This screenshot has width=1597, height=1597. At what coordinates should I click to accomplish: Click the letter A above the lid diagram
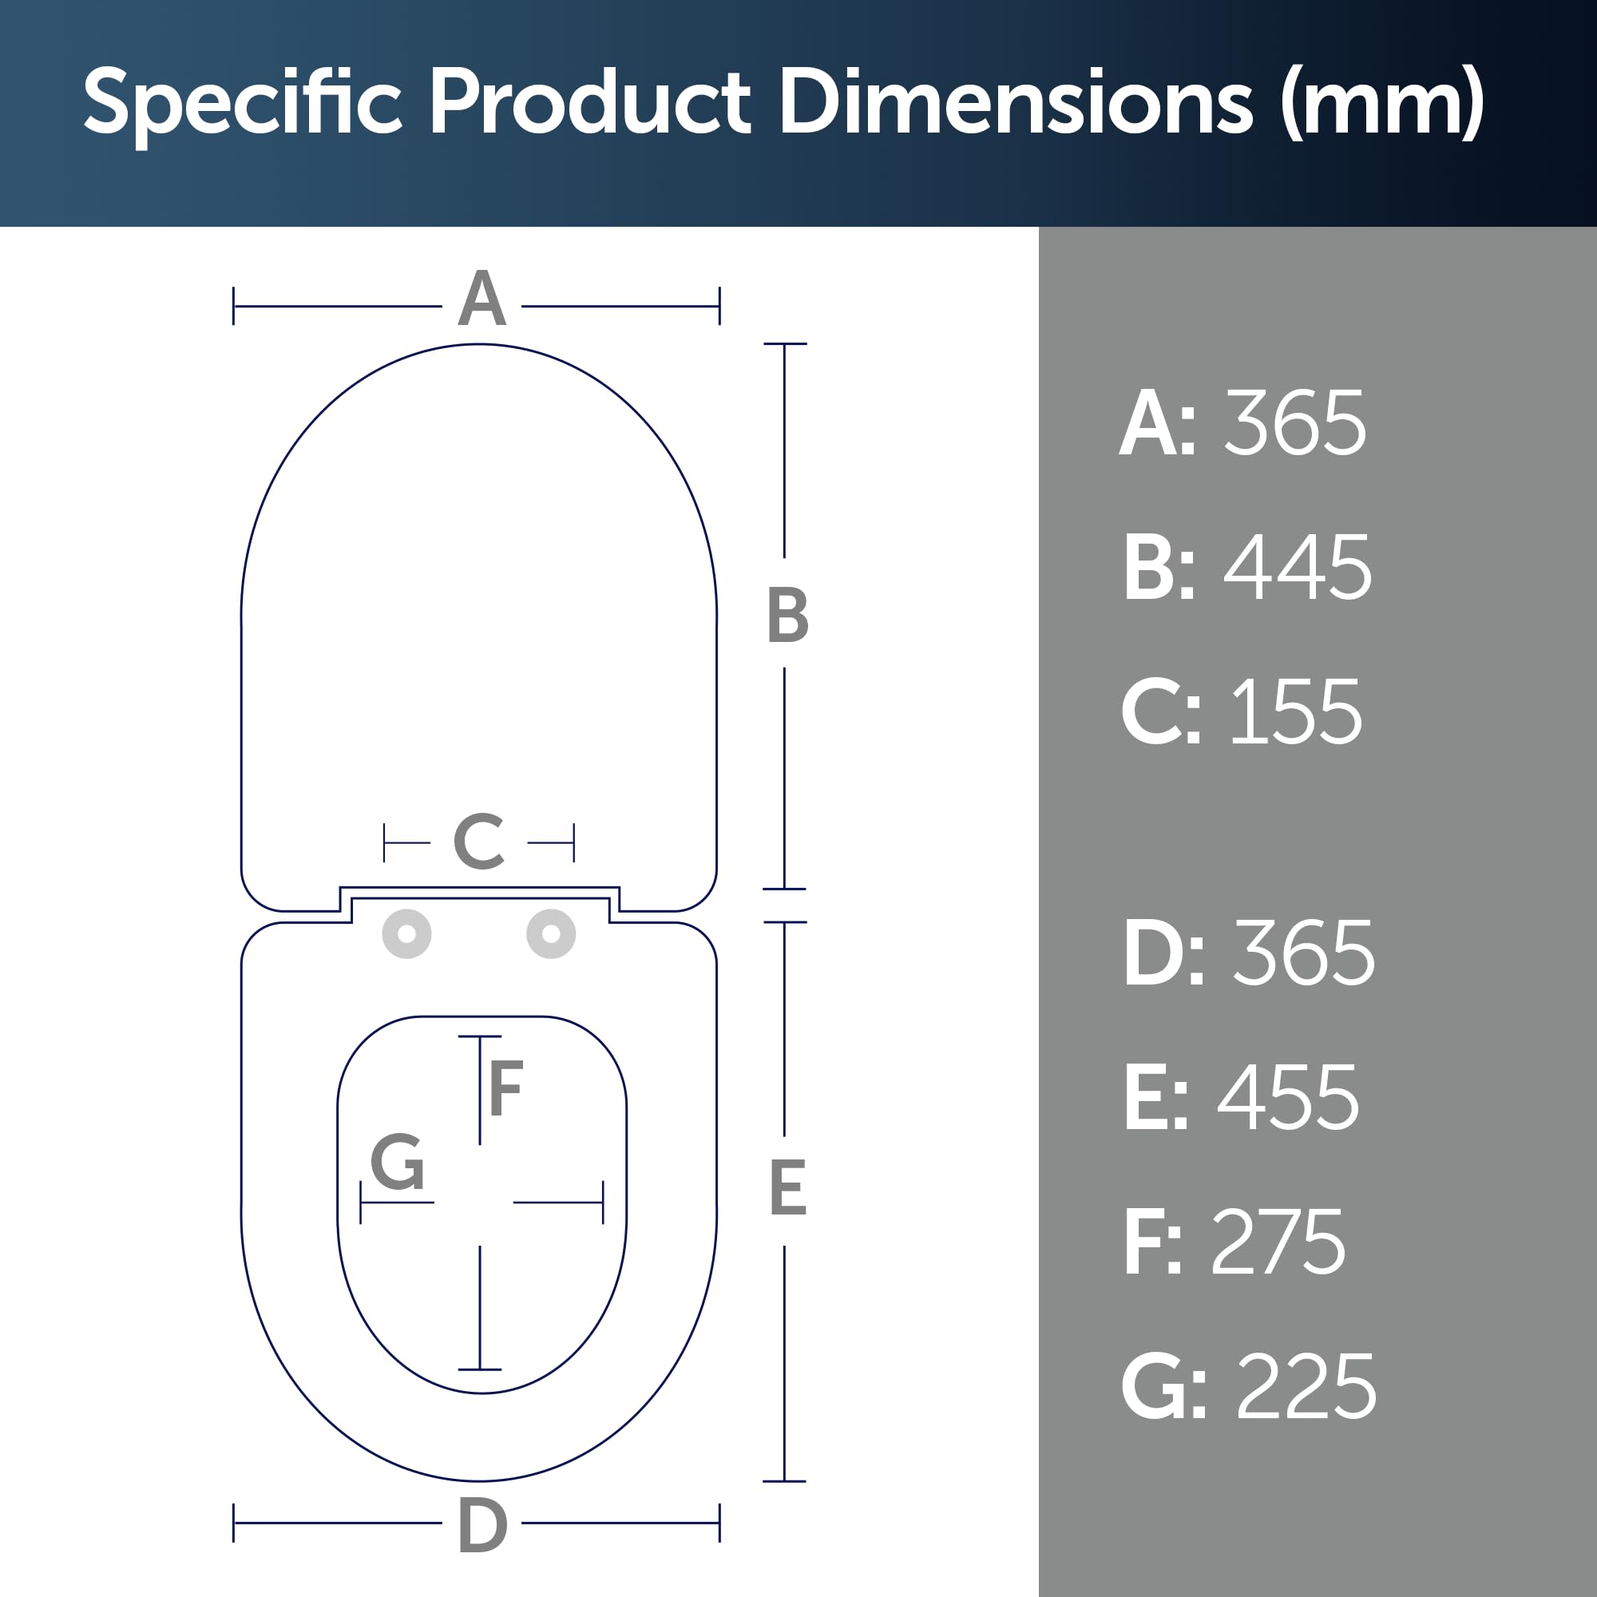pos(482,298)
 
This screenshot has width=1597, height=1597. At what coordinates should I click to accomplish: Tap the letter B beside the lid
pos(787,614)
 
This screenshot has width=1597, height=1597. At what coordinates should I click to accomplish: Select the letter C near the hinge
pos(479,842)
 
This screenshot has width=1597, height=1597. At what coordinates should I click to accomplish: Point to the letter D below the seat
pos(482,1526)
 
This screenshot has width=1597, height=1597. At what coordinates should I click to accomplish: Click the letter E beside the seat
pos(787,1187)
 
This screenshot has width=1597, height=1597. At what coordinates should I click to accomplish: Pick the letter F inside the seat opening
pos(506,1087)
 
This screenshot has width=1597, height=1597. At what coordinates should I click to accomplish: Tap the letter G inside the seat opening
pos(398,1161)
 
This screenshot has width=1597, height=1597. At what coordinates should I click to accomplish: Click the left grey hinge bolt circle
pos(406,934)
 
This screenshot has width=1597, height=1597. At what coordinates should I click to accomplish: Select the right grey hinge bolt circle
pos(551,934)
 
